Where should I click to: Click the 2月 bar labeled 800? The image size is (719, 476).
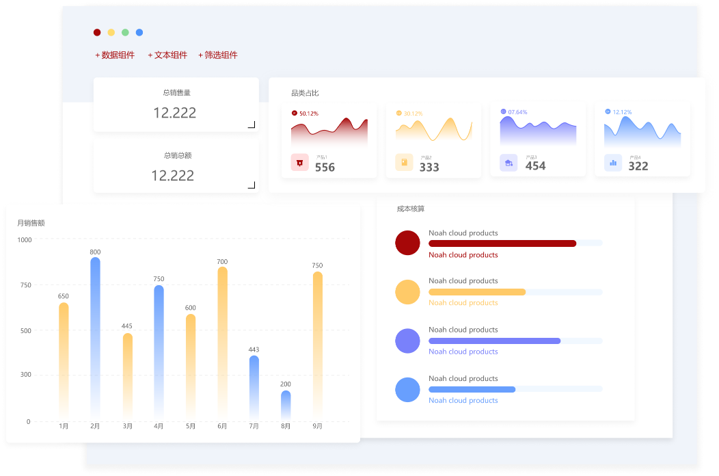click(x=95, y=335)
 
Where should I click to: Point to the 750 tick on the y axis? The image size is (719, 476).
click(x=25, y=285)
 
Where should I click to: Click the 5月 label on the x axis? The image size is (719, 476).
click(x=191, y=427)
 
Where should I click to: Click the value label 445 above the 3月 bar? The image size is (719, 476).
click(x=127, y=326)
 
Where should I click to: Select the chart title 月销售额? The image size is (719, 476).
click(x=31, y=223)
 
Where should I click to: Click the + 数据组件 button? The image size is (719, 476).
click(x=115, y=55)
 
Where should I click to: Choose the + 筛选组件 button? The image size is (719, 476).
click(x=218, y=55)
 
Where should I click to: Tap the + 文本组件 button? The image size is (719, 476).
click(x=167, y=55)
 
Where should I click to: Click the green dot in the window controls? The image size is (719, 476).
click(x=125, y=33)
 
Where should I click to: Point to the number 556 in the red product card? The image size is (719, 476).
click(x=325, y=168)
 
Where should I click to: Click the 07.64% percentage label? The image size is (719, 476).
click(x=517, y=112)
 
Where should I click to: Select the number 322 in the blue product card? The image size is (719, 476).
click(x=638, y=166)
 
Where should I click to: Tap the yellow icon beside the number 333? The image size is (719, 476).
click(x=404, y=163)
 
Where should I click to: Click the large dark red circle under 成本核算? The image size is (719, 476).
click(x=407, y=243)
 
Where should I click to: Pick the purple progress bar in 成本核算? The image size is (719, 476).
click(x=494, y=341)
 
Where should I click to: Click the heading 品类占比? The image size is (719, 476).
click(x=305, y=93)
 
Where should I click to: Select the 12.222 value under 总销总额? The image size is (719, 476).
click(x=173, y=176)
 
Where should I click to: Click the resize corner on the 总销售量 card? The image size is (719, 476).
click(x=252, y=124)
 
